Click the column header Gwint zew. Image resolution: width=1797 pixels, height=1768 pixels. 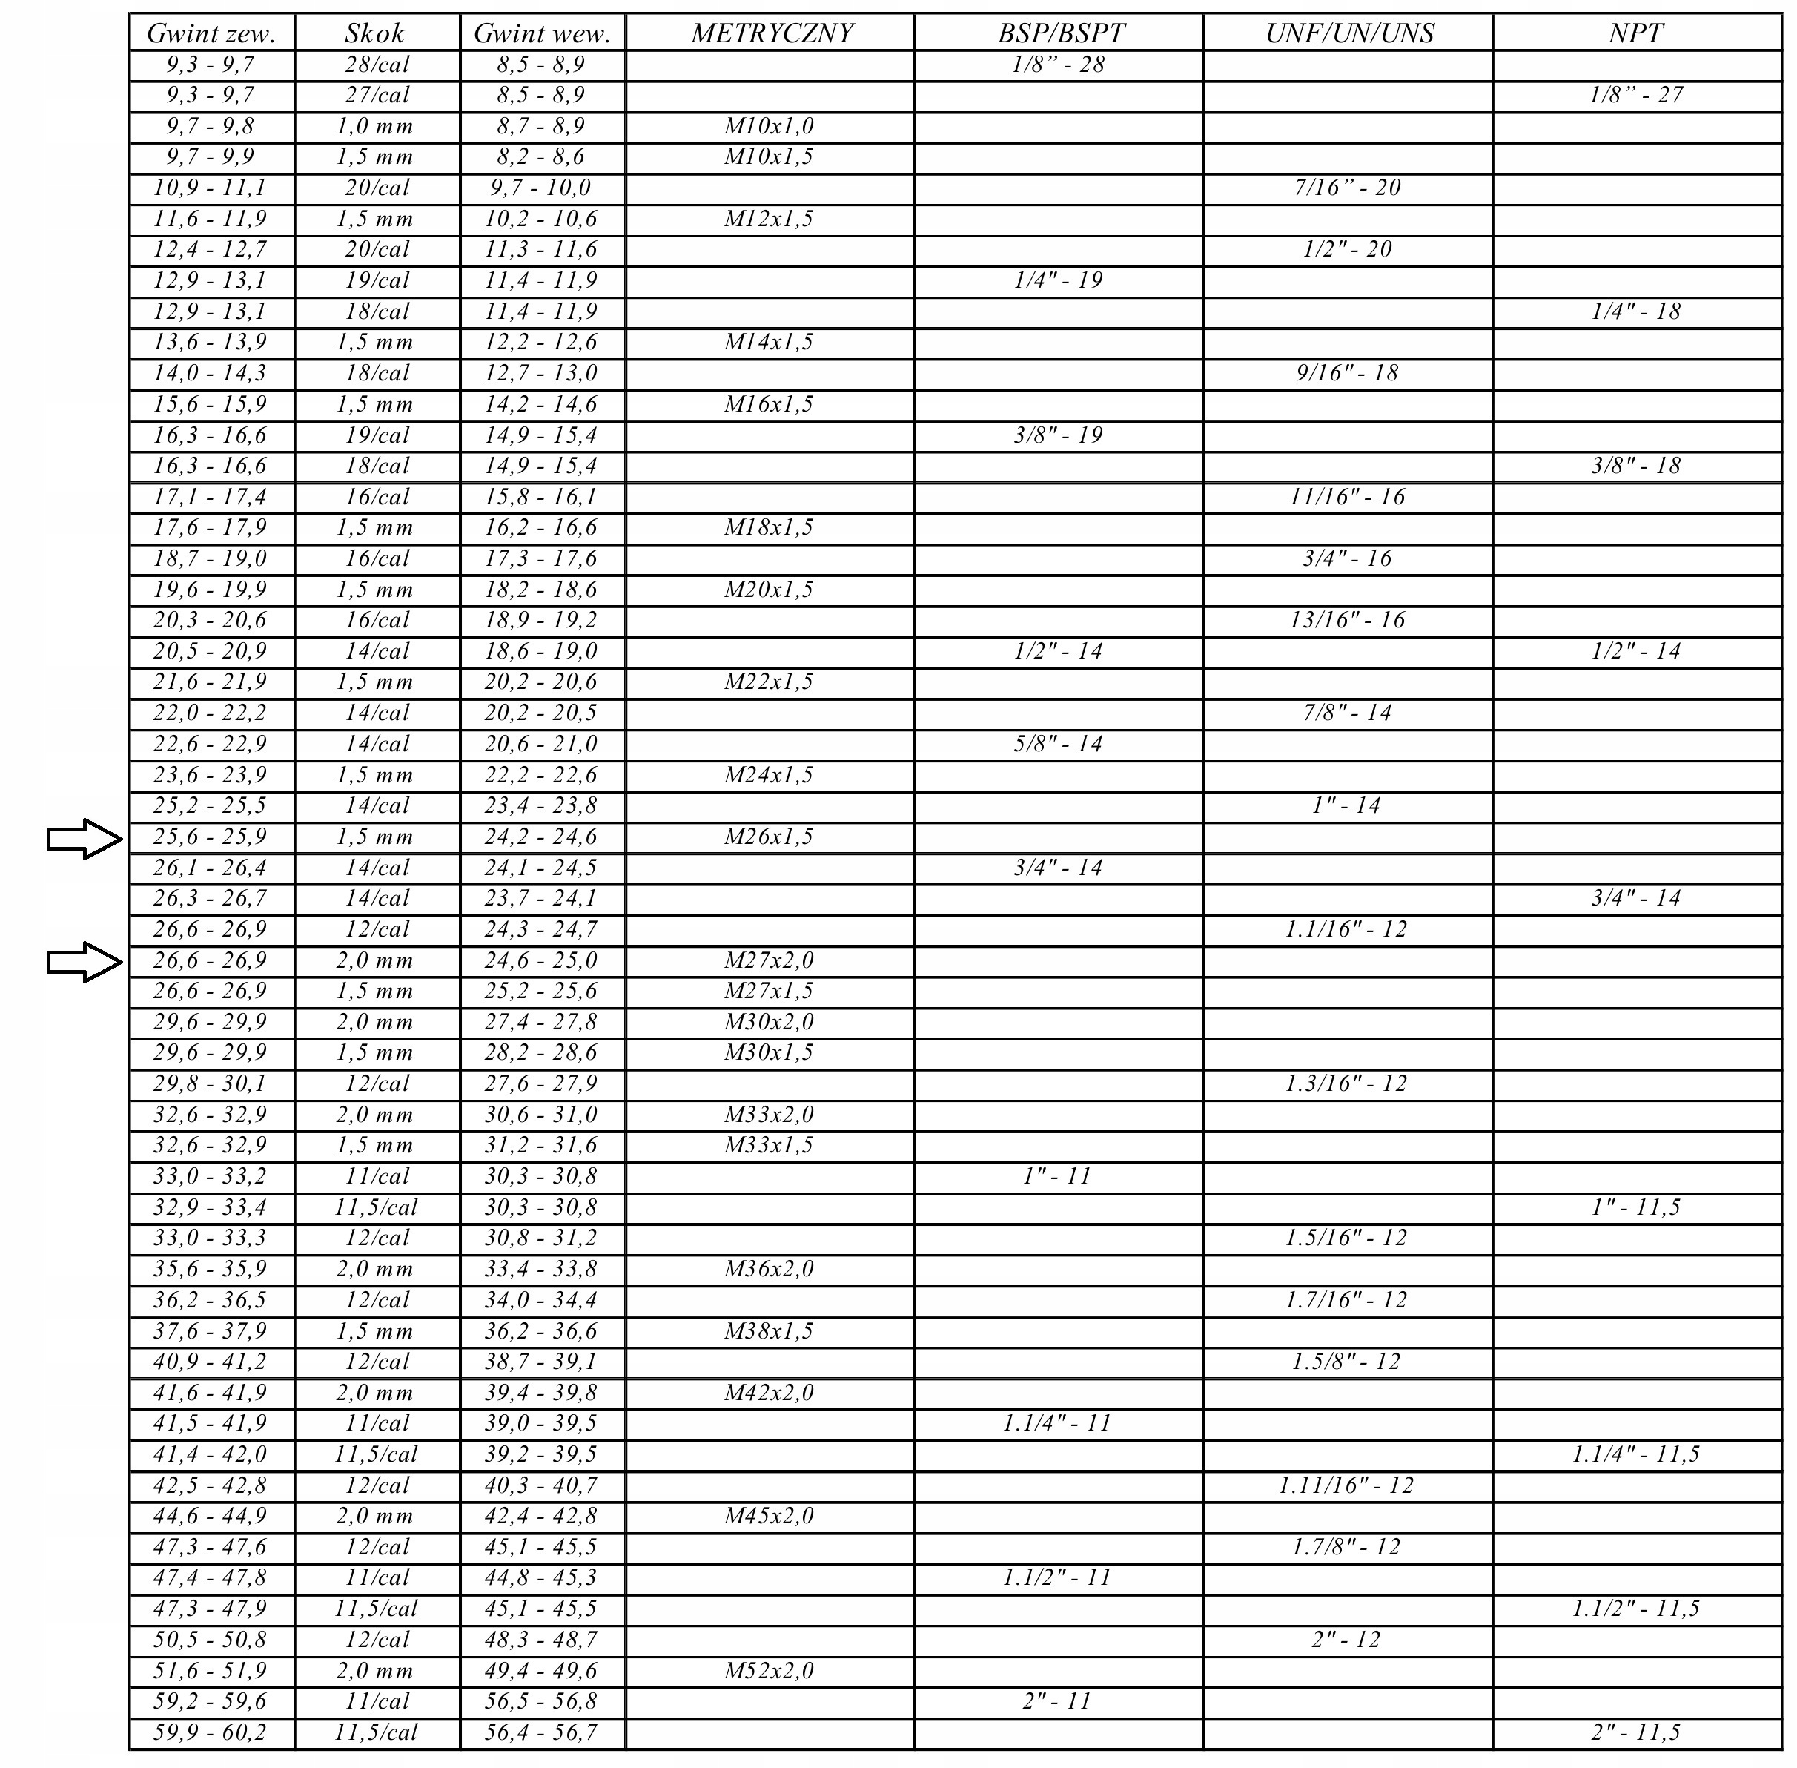(x=211, y=33)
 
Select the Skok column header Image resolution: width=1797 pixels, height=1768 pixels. (x=375, y=33)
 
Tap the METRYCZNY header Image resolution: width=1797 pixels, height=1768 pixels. (x=770, y=33)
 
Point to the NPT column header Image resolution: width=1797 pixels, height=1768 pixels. (x=1635, y=33)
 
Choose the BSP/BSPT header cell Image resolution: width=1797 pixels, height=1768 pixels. (x=1060, y=33)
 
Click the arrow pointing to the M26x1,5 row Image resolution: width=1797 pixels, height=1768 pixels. (x=85, y=840)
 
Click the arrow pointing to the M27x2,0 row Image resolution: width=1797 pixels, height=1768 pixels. (x=85, y=962)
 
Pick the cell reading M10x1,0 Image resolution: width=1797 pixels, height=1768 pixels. (x=769, y=126)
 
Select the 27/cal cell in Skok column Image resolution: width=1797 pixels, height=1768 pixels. (x=376, y=96)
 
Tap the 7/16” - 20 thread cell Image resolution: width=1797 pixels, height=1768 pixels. (x=1347, y=188)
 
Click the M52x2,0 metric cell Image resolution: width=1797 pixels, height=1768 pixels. (x=769, y=1672)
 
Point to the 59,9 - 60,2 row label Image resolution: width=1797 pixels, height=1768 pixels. (x=210, y=1732)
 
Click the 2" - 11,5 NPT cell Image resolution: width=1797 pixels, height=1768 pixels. (x=1635, y=1732)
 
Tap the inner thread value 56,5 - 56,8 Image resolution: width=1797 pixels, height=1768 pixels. (x=541, y=1702)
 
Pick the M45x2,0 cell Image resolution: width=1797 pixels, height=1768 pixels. (x=769, y=1517)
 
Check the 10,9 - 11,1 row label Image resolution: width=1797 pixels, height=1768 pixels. (x=210, y=188)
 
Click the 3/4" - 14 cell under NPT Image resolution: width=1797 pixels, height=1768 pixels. (x=1635, y=899)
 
